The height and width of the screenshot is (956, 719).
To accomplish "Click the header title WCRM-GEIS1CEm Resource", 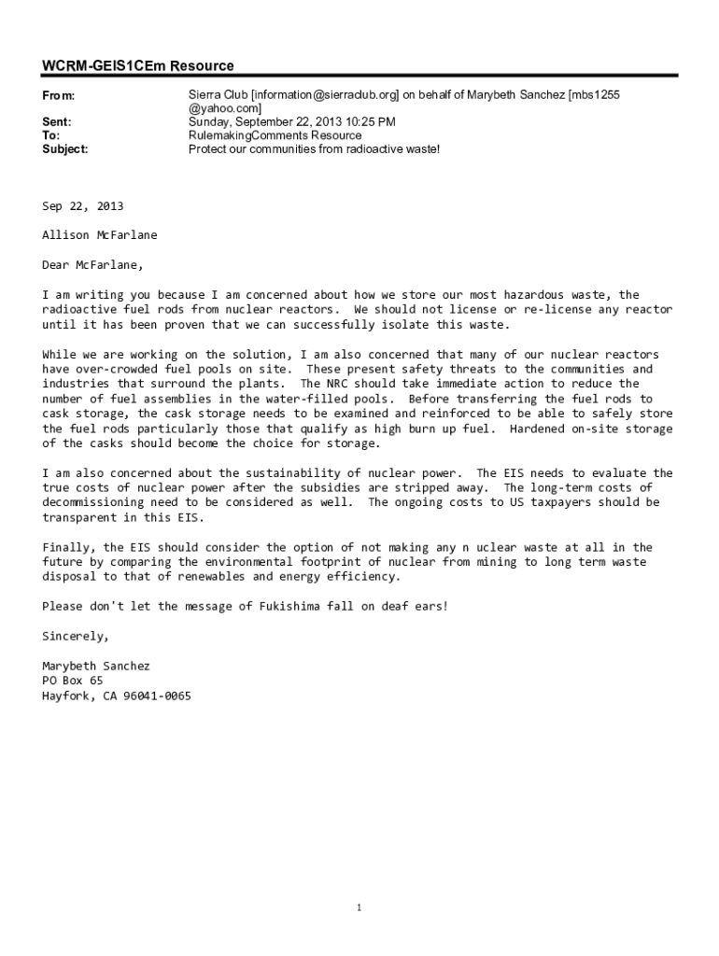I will pyautogui.click(x=138, y=65).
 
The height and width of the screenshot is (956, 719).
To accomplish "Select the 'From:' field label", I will pyautogui.click(x=59, y=96).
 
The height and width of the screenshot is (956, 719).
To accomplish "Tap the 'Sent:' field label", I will pyautogui.click(x=57, y=122).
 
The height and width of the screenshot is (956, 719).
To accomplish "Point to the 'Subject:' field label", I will pyautogui.click(x=65, y=148).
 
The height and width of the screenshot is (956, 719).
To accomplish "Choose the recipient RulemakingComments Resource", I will pyautogui.click(x=275, y=135).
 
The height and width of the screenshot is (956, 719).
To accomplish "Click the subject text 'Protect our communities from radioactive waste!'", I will pyautogui.click(x=314, y=148).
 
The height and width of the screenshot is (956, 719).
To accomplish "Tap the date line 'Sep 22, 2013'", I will pyautogui.click(x=82, y=206).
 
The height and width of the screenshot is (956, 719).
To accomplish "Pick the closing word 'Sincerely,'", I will pyautogui.click(x=76, y=636).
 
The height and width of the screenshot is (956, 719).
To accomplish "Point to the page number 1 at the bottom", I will pyautogui.click(x=359, y=907).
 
